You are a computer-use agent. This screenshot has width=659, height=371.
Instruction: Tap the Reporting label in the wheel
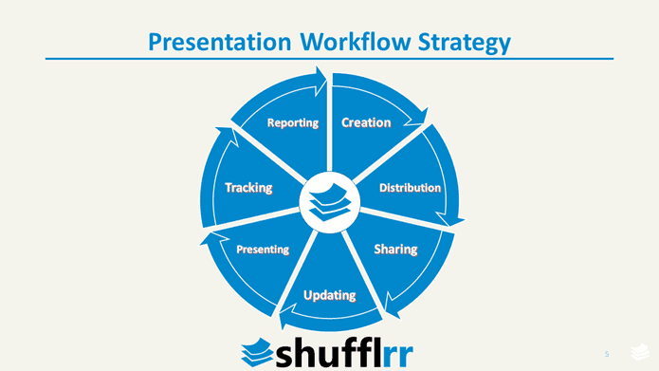pyautogui.click(x=292, y=123)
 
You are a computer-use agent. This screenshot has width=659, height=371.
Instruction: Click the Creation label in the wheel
pyautogui.click(x=366, y=122)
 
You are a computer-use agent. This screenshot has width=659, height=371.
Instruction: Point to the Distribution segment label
pyautogui.click(x=410, y=188)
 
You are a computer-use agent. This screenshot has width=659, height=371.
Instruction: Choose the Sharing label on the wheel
pyautogui.click(x=395, y=250)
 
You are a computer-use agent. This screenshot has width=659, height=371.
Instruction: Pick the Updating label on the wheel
pyautogui.click(x=329, y=295)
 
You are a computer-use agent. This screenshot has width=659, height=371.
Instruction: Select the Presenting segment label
pyautogui.click(x=263, y=250)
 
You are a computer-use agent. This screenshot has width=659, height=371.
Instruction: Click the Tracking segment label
pyautogui.click(x=248, y=188)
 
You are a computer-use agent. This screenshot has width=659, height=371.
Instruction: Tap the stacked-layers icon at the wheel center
pyautogui.click(x=329, y=201)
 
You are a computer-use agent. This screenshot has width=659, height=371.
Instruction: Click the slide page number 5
pyautogui.click(x=607, y=352)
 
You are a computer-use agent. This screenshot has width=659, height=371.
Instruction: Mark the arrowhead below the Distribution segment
pyautogui.click(x=457, y=219)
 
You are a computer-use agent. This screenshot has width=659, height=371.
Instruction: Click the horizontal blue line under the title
pyautogui.click(x=329, y=59)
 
